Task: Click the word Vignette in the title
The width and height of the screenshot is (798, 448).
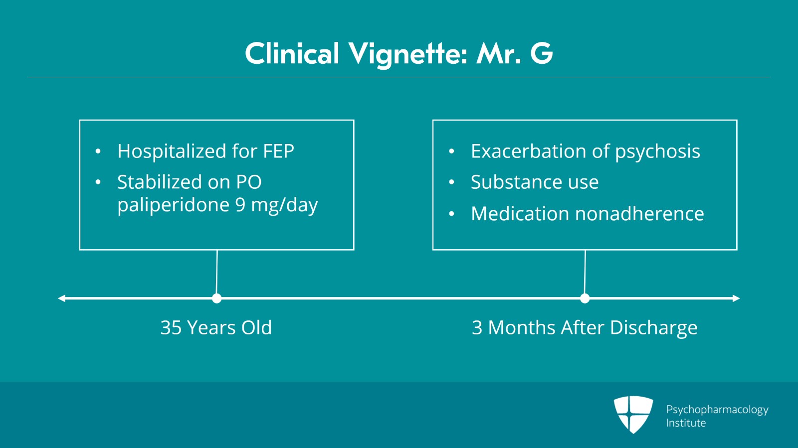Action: click(x=407, y=54)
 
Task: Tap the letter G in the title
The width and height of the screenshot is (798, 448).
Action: click(x=542, y=53)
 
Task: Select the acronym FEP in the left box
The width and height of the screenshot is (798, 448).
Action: click(x=279, y=151)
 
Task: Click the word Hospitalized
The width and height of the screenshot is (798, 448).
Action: click(x=172, y=151)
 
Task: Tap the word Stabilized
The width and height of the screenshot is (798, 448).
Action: click(x=160, y=182)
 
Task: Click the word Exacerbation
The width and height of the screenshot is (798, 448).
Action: click(x=529, y=151)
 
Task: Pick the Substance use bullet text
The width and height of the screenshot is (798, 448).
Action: click(x=535, y=182)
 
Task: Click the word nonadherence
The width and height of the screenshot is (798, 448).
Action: click(x=639, y=213)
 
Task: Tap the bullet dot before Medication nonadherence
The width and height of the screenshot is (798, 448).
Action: click(x=452, y=214)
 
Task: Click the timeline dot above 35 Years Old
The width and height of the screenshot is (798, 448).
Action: click(x=216, y=298)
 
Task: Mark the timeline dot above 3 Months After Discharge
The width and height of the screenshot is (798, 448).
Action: click(x=585, y=298)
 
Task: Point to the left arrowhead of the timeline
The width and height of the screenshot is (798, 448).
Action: click(x=62, y=298)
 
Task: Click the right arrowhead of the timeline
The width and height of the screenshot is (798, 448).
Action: click(x=736, y=298)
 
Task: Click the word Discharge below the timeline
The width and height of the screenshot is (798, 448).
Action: click(x=653, y=328)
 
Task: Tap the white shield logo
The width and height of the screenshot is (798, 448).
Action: click(x=633, y=414)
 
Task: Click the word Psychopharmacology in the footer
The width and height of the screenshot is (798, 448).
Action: click(x=717, y=410)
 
